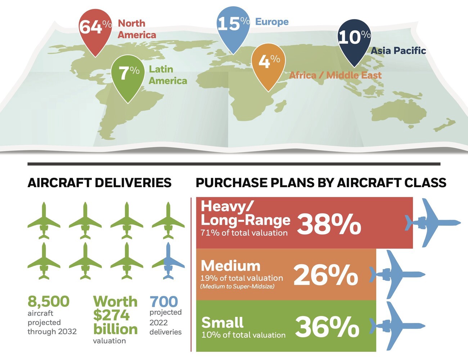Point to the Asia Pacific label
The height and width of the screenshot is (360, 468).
[398, 51]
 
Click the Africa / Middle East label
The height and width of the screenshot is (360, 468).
[335, 75]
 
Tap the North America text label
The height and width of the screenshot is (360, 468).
[137, 29]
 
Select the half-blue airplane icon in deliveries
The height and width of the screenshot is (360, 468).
[168, 261]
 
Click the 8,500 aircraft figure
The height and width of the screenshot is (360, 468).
[49, 301]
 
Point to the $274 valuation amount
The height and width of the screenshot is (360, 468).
[111, 315]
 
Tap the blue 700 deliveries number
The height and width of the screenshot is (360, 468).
[164, 301]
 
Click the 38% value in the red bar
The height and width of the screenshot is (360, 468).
[329, 225]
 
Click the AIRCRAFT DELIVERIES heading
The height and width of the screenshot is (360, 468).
[99, 183]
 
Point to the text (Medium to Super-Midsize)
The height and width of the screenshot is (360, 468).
[237, 287]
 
